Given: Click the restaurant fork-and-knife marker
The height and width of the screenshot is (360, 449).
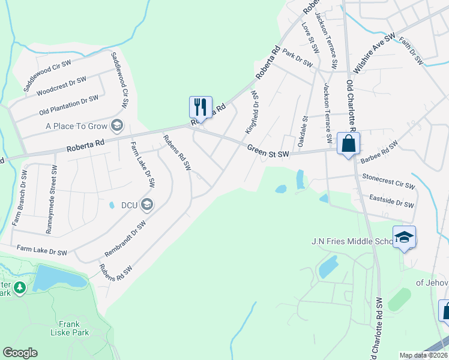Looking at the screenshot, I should pos(200,107).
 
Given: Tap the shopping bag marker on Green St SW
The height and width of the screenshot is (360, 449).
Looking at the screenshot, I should pos(348,144).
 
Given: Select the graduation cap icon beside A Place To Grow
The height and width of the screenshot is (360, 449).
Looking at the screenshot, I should pos(117,126).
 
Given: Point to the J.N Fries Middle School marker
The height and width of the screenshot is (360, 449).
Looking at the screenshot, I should pos(404,237).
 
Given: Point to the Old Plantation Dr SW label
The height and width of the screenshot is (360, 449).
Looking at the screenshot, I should pos(68,105).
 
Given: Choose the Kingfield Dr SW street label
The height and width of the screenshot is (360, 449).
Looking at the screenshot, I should pos(252,112).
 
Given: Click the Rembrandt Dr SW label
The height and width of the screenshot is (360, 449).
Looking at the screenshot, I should pos(125,238).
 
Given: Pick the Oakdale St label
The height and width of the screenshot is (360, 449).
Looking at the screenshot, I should pos(302,131).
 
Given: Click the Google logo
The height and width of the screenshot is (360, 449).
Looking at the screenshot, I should pos(20,353).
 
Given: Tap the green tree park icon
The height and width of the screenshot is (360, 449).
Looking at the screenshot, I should pos(20,289).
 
